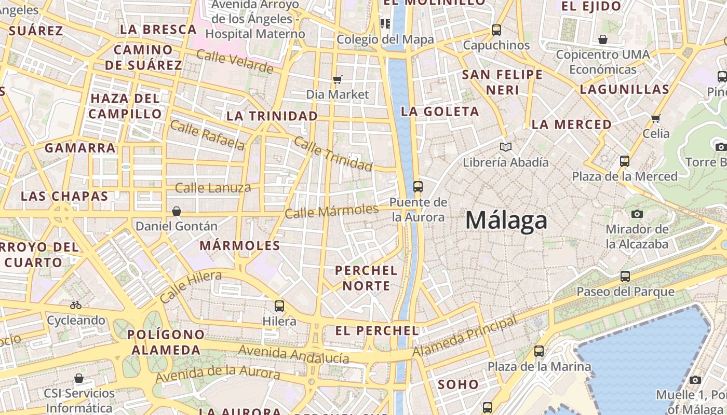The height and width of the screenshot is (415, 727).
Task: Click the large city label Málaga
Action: coord(506,220)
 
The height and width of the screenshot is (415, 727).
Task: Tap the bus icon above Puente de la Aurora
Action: coord(418,187)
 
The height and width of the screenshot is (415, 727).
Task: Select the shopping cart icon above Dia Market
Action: coord(338,79)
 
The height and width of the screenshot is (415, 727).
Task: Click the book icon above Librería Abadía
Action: coord(505,147)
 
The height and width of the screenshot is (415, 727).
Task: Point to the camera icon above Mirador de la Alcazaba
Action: coord(637,214)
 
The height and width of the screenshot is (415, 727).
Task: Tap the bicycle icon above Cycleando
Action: coord(76,305)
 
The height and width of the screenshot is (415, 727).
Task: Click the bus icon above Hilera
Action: coord(279,306)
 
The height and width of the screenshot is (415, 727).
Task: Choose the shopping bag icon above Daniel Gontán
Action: coord(177,211)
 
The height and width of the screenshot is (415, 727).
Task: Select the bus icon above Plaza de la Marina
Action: coord(539,351)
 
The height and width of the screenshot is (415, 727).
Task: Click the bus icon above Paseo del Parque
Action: coord(625,276)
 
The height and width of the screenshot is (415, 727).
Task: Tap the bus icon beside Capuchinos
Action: coord(496,30)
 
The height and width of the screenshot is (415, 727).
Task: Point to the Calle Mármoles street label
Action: coord(332,211)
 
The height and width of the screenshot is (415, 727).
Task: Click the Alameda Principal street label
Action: coord(465,337)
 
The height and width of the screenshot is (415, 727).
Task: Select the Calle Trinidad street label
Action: coord(333,154)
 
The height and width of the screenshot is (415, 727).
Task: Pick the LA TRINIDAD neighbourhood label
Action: coord(272,116)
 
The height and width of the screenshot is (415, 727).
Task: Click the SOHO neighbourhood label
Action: coord(458,384)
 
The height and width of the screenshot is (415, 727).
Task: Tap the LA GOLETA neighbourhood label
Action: coord(440,112)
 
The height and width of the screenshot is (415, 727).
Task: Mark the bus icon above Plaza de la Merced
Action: coord(625,161)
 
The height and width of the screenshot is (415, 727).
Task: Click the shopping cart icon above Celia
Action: coord(656,118)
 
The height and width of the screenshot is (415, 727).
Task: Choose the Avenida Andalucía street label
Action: coord(293,355)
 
